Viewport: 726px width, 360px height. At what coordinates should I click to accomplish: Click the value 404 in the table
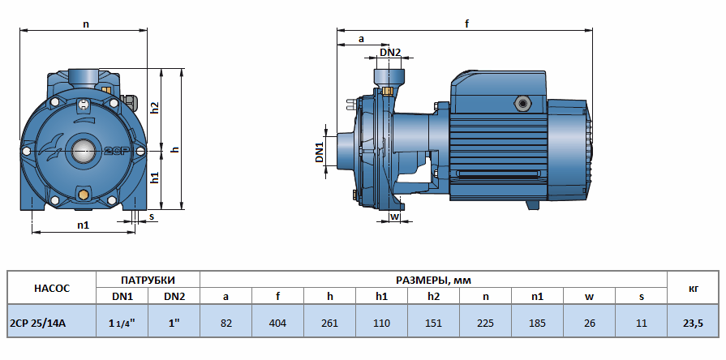coord(277,324)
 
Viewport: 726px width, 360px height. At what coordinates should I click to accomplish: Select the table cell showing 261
coord(329,324)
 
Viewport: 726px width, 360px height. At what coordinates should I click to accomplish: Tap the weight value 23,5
coord(693,324)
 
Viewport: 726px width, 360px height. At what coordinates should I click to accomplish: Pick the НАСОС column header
coord(52,288)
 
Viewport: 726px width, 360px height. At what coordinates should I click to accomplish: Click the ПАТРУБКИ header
coord(148,279)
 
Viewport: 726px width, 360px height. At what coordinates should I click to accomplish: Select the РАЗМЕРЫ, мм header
coord(432,279)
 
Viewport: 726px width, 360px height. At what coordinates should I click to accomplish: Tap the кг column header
coord(693,288)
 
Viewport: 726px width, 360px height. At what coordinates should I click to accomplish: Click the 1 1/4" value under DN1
coord(122,324)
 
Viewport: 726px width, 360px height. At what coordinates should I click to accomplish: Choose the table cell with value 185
coord(537,324)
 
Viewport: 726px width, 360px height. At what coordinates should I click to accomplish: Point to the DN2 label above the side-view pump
coord(390,53)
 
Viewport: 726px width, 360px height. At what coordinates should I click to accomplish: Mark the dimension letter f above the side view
coord(467,24)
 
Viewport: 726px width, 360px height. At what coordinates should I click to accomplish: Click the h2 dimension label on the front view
coord(155,108)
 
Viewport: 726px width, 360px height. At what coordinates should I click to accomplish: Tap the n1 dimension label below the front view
coord(83,225)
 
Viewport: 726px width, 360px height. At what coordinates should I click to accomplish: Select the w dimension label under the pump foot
coord(394,216)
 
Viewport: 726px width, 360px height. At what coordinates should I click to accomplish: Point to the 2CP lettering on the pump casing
coord(113,151)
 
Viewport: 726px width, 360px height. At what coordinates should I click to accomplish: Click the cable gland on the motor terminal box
coord(520,104)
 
